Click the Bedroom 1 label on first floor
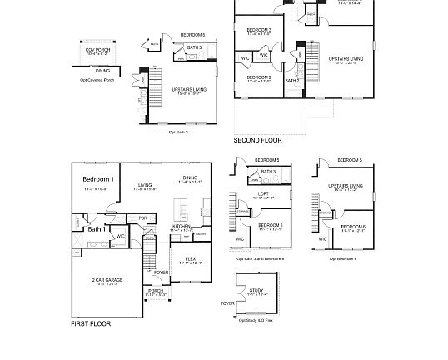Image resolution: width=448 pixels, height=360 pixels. point(99,179)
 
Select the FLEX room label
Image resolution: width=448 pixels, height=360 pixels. point(191,258)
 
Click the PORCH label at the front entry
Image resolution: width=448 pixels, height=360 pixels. point(156,291)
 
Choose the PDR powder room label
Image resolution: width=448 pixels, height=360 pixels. point(143,218)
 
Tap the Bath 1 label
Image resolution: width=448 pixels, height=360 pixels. point(96,228)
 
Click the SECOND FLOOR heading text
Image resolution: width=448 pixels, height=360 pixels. point(257,140)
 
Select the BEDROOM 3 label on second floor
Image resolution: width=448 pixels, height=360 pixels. point(258,30)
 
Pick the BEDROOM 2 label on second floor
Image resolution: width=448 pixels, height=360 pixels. point(258,77)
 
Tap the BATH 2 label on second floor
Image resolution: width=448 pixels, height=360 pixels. point(292,81)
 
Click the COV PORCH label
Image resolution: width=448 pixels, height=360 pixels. point(97,49)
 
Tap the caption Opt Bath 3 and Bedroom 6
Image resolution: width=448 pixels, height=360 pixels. point(261,258)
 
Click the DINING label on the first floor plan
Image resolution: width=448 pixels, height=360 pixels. point(191,177)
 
